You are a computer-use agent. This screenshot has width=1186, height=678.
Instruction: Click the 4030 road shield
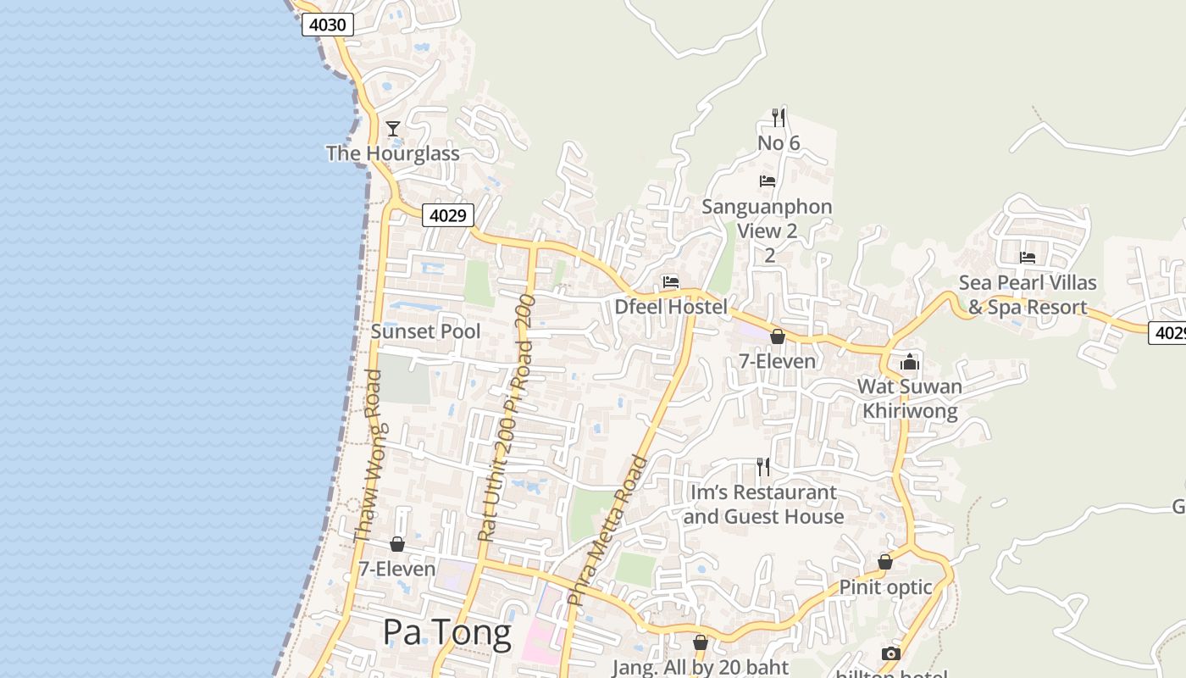(327, 25)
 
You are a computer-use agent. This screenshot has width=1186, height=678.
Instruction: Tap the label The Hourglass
(393, 153)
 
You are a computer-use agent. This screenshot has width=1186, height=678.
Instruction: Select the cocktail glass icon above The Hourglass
(393, 129)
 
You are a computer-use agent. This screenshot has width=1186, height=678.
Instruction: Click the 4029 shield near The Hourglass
(447, 215)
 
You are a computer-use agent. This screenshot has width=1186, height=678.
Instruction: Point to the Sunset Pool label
(425, 331)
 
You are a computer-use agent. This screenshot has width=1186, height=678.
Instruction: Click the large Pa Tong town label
(446, 632)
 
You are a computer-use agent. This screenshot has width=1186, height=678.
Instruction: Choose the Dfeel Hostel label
(671, 307)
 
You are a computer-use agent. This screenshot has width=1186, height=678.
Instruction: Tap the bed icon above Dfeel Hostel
(671, 281)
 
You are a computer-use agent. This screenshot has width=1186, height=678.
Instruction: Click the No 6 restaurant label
(779, 143)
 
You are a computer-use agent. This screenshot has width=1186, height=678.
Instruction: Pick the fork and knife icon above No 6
(779, 117)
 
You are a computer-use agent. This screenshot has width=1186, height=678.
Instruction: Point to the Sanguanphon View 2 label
(768, 219)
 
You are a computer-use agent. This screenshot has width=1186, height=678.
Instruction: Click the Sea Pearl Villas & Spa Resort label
(1028, 295)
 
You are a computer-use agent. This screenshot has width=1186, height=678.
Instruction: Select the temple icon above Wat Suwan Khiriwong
(910, 363)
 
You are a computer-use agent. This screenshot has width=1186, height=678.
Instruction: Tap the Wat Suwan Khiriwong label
(910, 399)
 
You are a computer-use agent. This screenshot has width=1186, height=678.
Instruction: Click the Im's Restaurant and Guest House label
(764, 504)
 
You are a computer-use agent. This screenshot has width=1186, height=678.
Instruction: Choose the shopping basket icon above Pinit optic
(885, 562)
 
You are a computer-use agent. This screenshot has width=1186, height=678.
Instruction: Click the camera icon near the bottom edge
(890, 653)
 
